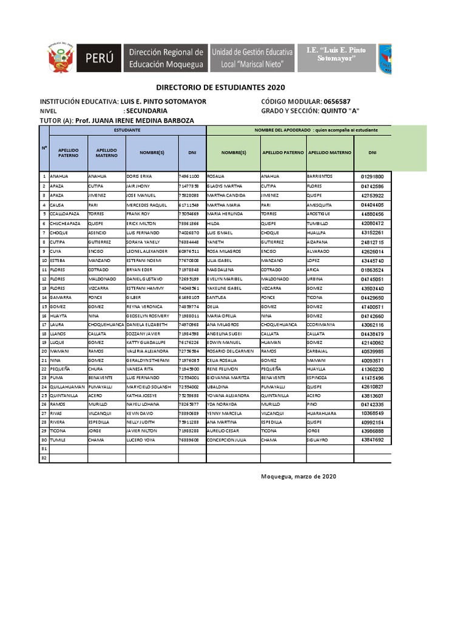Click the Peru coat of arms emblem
tap(61, 59)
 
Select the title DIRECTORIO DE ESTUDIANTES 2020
tap(220, 88)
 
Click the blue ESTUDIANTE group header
tap(127, 130)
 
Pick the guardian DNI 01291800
tap(372, 176)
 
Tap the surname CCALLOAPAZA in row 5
tap(66, 214)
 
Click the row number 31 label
tap(44, 449)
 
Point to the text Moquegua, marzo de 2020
tap(298, 476)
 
